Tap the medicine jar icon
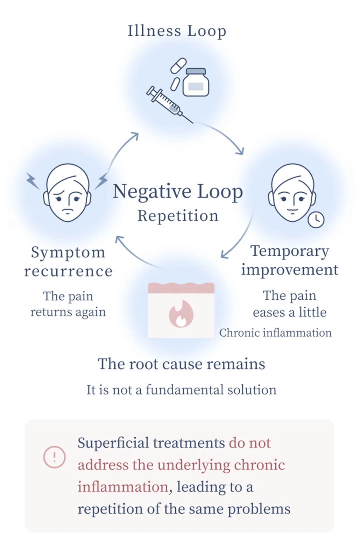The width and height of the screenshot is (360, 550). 196,82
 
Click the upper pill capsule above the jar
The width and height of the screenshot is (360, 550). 178,65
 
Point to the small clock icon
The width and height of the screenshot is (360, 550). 316,219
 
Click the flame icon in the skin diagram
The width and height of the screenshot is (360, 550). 181,314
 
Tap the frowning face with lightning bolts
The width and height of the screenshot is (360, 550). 67,193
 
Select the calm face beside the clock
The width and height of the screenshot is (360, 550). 292,193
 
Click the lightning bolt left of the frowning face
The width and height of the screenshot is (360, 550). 33,181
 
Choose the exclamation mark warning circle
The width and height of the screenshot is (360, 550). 54,457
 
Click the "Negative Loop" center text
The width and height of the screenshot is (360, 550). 178,192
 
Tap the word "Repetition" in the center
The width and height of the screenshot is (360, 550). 178,216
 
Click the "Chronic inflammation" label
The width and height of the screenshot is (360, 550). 275,333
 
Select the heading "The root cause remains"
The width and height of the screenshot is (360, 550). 181,364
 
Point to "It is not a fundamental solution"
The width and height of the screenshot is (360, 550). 181,390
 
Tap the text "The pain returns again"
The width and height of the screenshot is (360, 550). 68,304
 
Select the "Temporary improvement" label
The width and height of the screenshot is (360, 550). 290,260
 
